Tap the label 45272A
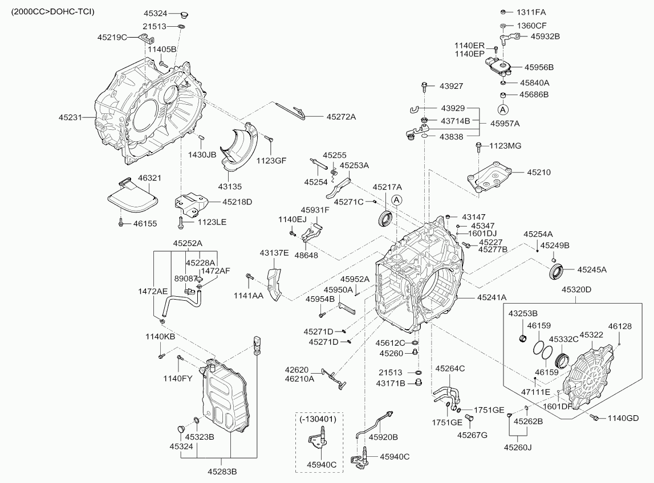[x=342, y=117]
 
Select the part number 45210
[x=539, y=171]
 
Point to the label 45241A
[x=491, y=297]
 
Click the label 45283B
[x=222, y=471]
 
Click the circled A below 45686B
[x=503, y=109]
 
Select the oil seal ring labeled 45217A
[x=385, y=218]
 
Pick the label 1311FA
[x=531, y=12]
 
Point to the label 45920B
[x=383, y=437]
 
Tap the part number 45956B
[x=539, y=67]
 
